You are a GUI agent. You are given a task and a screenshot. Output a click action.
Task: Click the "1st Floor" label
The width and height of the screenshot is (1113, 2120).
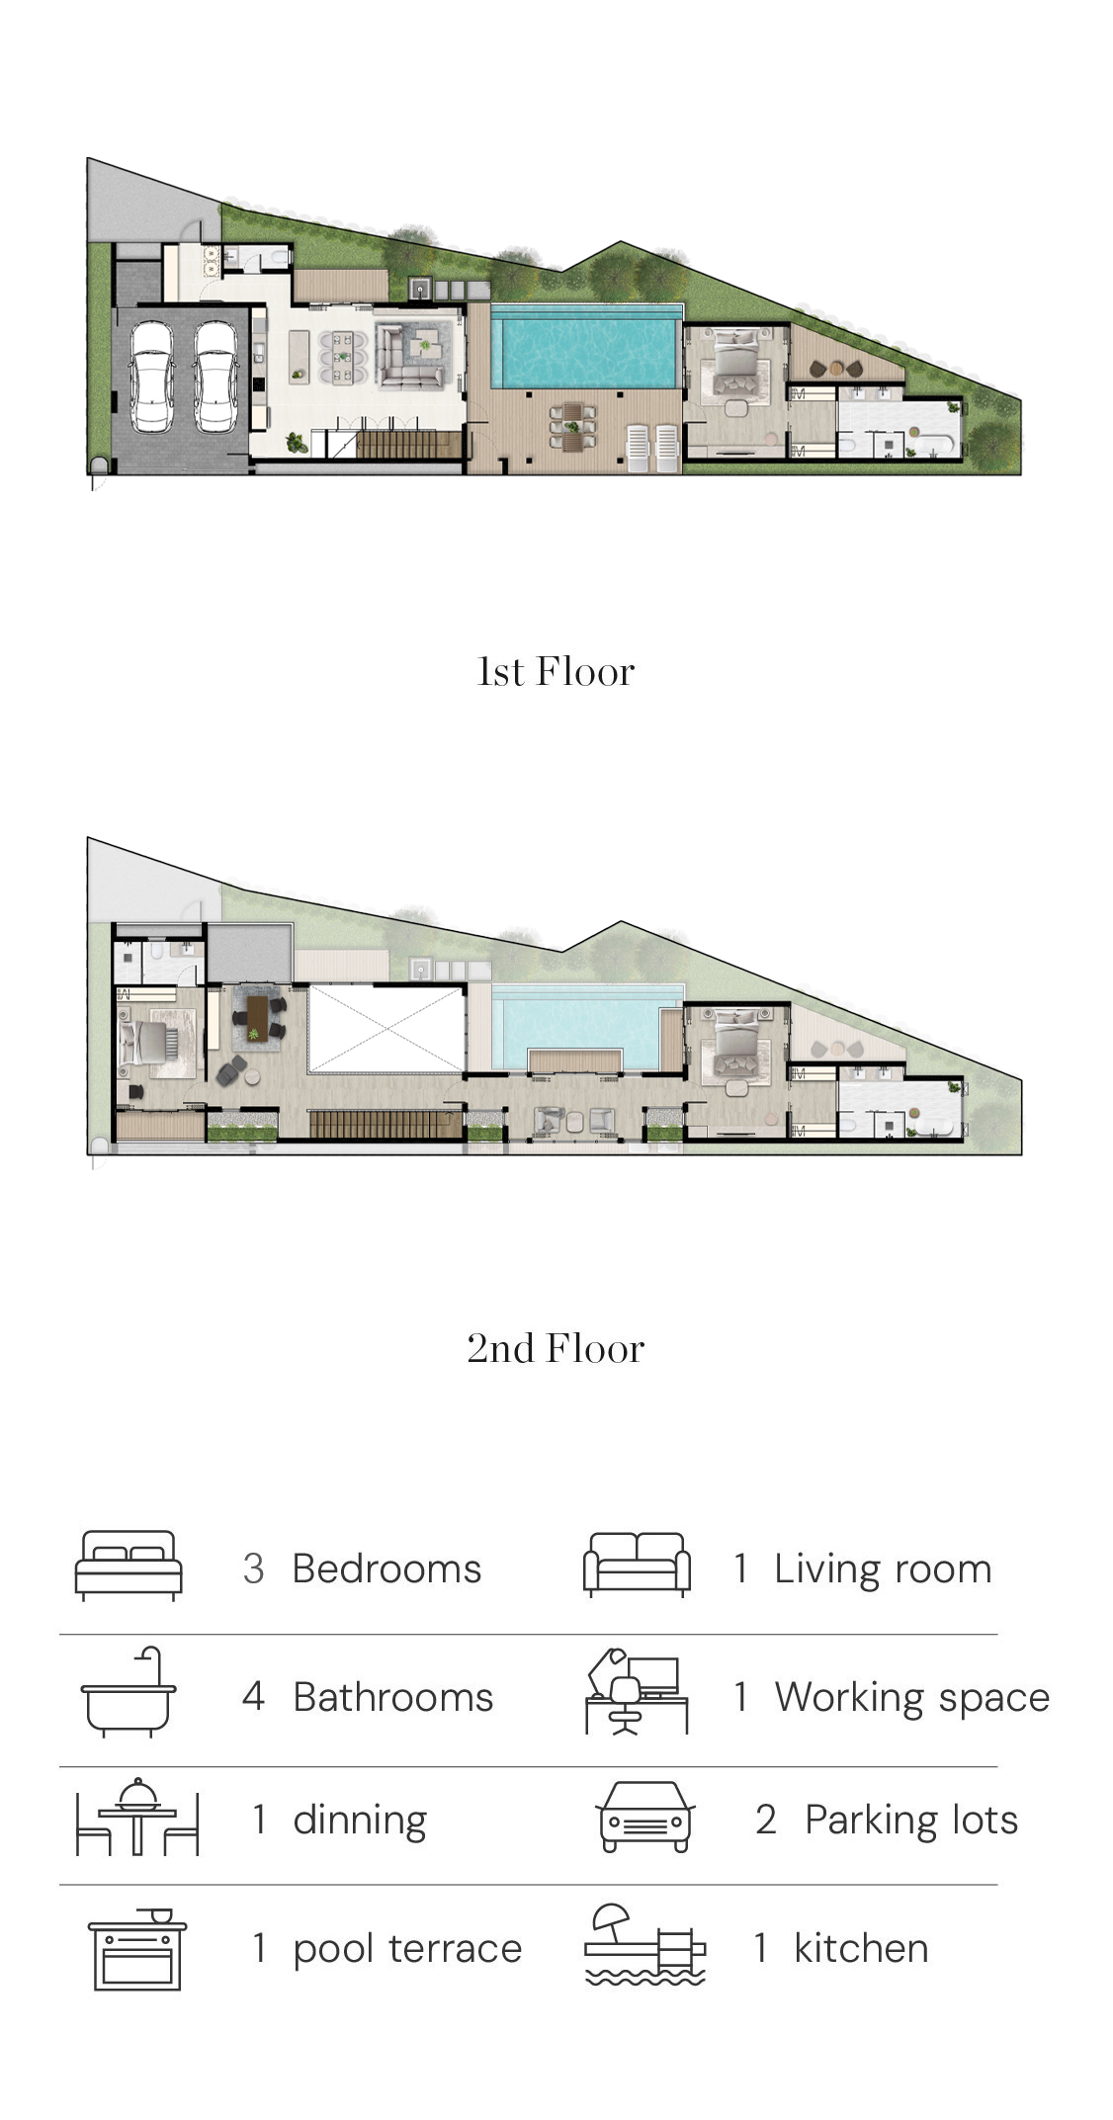click(x=556, y=672)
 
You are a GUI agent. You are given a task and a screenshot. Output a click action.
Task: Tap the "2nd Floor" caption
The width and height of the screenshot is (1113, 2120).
click(x=556, y=1349)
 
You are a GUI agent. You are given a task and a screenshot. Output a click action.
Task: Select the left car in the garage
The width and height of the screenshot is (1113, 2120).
click(x=152, y=376)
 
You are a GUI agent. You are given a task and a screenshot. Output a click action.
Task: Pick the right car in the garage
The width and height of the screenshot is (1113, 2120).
click(x=215, y=376)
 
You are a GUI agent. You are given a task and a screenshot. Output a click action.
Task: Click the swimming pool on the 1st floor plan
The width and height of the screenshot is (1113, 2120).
click(x=587, y=347)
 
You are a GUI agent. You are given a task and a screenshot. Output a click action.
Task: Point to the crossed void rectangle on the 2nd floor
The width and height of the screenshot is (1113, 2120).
click(x=385, y=1029)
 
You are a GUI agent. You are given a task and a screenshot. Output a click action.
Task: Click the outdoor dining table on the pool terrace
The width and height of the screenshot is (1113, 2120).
click(x=573, y=426)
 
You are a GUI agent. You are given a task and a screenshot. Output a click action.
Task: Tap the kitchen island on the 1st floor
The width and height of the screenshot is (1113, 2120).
click(x=300, y=357)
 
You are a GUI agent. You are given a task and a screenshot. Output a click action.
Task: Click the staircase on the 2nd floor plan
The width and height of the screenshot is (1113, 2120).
click(x=385, y=1125)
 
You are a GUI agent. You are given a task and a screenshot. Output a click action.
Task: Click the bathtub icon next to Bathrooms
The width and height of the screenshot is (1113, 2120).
click(x=128, y=1692)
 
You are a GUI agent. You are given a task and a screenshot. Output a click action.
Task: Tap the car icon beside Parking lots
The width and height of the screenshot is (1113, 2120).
click(x=644, y=1817)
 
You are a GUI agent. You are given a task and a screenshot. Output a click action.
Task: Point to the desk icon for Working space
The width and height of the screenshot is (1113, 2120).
click(x=637, y=1691)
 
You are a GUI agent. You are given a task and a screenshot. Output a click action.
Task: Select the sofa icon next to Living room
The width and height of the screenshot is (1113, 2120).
click(x=637, y=1565)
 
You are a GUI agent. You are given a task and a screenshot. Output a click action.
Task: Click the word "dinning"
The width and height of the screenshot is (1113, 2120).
click(x=360, y=1821)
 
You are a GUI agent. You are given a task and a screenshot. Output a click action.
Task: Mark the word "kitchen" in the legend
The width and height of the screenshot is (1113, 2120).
click(x=861, y=1948)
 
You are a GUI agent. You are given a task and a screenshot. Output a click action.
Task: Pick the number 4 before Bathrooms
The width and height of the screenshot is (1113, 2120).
click(x=253, y=1696)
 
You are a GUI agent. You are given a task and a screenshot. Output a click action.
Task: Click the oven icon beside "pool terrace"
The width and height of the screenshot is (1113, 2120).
click(x=137, y=1948)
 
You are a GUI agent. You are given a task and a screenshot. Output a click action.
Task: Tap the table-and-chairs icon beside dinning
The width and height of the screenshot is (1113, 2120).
click(x=137, y=1817)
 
